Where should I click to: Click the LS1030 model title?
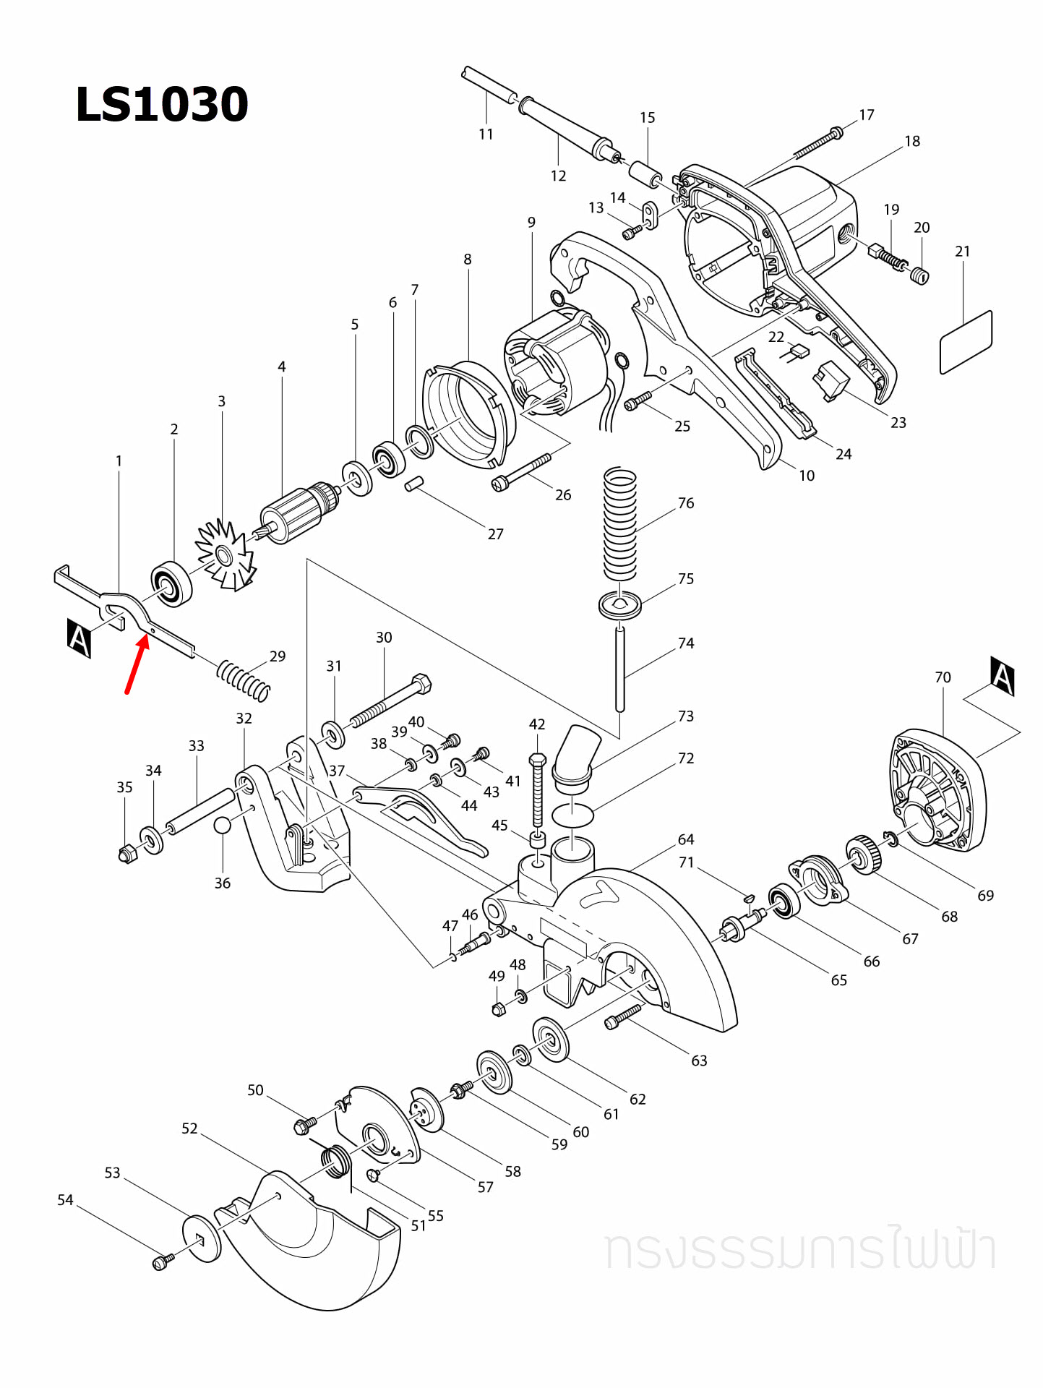[162, 105]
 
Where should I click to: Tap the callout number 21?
[962, 252]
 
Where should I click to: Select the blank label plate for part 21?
[966, 342]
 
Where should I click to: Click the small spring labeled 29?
[244, 680]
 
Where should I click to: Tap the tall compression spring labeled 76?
[619, 524]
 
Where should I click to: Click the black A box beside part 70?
[1003, 677]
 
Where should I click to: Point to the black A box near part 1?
[79, 638]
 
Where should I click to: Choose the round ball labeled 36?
[222, 826]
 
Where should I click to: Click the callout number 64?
[685, 840]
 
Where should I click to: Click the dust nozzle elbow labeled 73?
[576, 755]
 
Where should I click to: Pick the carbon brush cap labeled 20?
[920, 275]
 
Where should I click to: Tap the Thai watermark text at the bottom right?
[799, 1249]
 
